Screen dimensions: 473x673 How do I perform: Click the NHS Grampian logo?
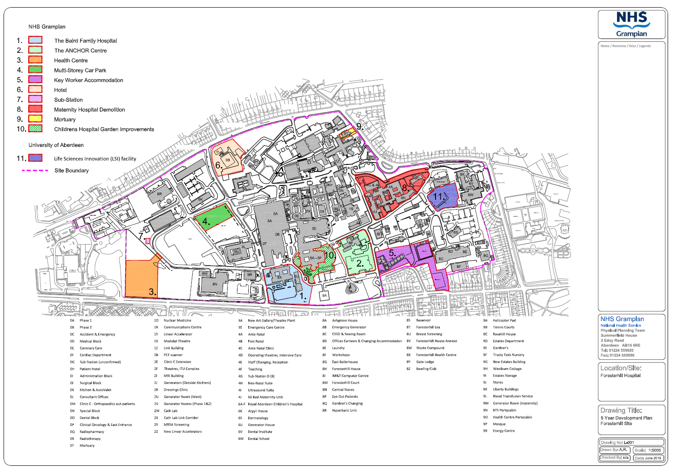(x=632, y=24)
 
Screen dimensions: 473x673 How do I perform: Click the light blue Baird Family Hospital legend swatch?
(x=35, y=40)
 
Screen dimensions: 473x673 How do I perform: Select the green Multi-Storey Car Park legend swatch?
(x=35, y=69)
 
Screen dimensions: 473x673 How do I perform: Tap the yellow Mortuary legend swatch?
(x=35, y=119)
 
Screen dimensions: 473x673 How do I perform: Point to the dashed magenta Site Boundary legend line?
(x=35, y=170)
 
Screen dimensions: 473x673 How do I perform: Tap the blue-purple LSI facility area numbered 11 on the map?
(x=444, y=197)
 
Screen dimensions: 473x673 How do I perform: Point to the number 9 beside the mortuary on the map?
(x=359, y=127)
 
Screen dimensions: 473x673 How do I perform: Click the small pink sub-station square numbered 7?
(x=148, y=241)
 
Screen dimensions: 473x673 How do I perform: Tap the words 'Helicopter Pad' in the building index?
(x=504, y=320)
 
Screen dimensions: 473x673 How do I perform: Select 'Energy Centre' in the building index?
(x=504, y=431)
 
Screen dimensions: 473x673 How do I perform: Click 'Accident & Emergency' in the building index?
(x=97, y=334)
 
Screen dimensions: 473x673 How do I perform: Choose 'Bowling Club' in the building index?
(x=426, y=369)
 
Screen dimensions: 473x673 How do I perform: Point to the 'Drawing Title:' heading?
(x=621, y=410)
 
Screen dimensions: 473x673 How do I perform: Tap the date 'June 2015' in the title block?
(x=653, y=458)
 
